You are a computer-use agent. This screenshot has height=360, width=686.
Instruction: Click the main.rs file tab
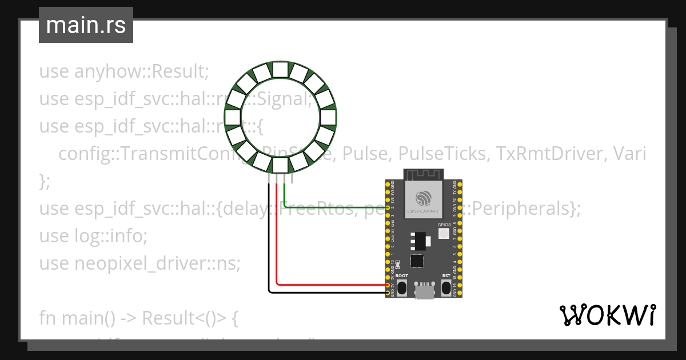coord(86,25)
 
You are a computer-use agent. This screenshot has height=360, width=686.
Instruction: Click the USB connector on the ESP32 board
coord(424,291)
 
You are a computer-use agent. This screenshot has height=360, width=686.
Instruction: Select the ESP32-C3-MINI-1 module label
coord(424,211)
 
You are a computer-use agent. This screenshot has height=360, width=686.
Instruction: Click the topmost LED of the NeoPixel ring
coord(280,69)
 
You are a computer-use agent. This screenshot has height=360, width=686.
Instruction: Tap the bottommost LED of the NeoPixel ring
coord(280,165)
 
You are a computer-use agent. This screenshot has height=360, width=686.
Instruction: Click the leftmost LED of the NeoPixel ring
coord(232,117)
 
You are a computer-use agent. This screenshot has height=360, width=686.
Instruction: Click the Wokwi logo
coord(607,315)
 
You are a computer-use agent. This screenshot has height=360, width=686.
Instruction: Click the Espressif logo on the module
coord(424,198)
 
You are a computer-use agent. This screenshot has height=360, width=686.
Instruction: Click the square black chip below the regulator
coord(418,260)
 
